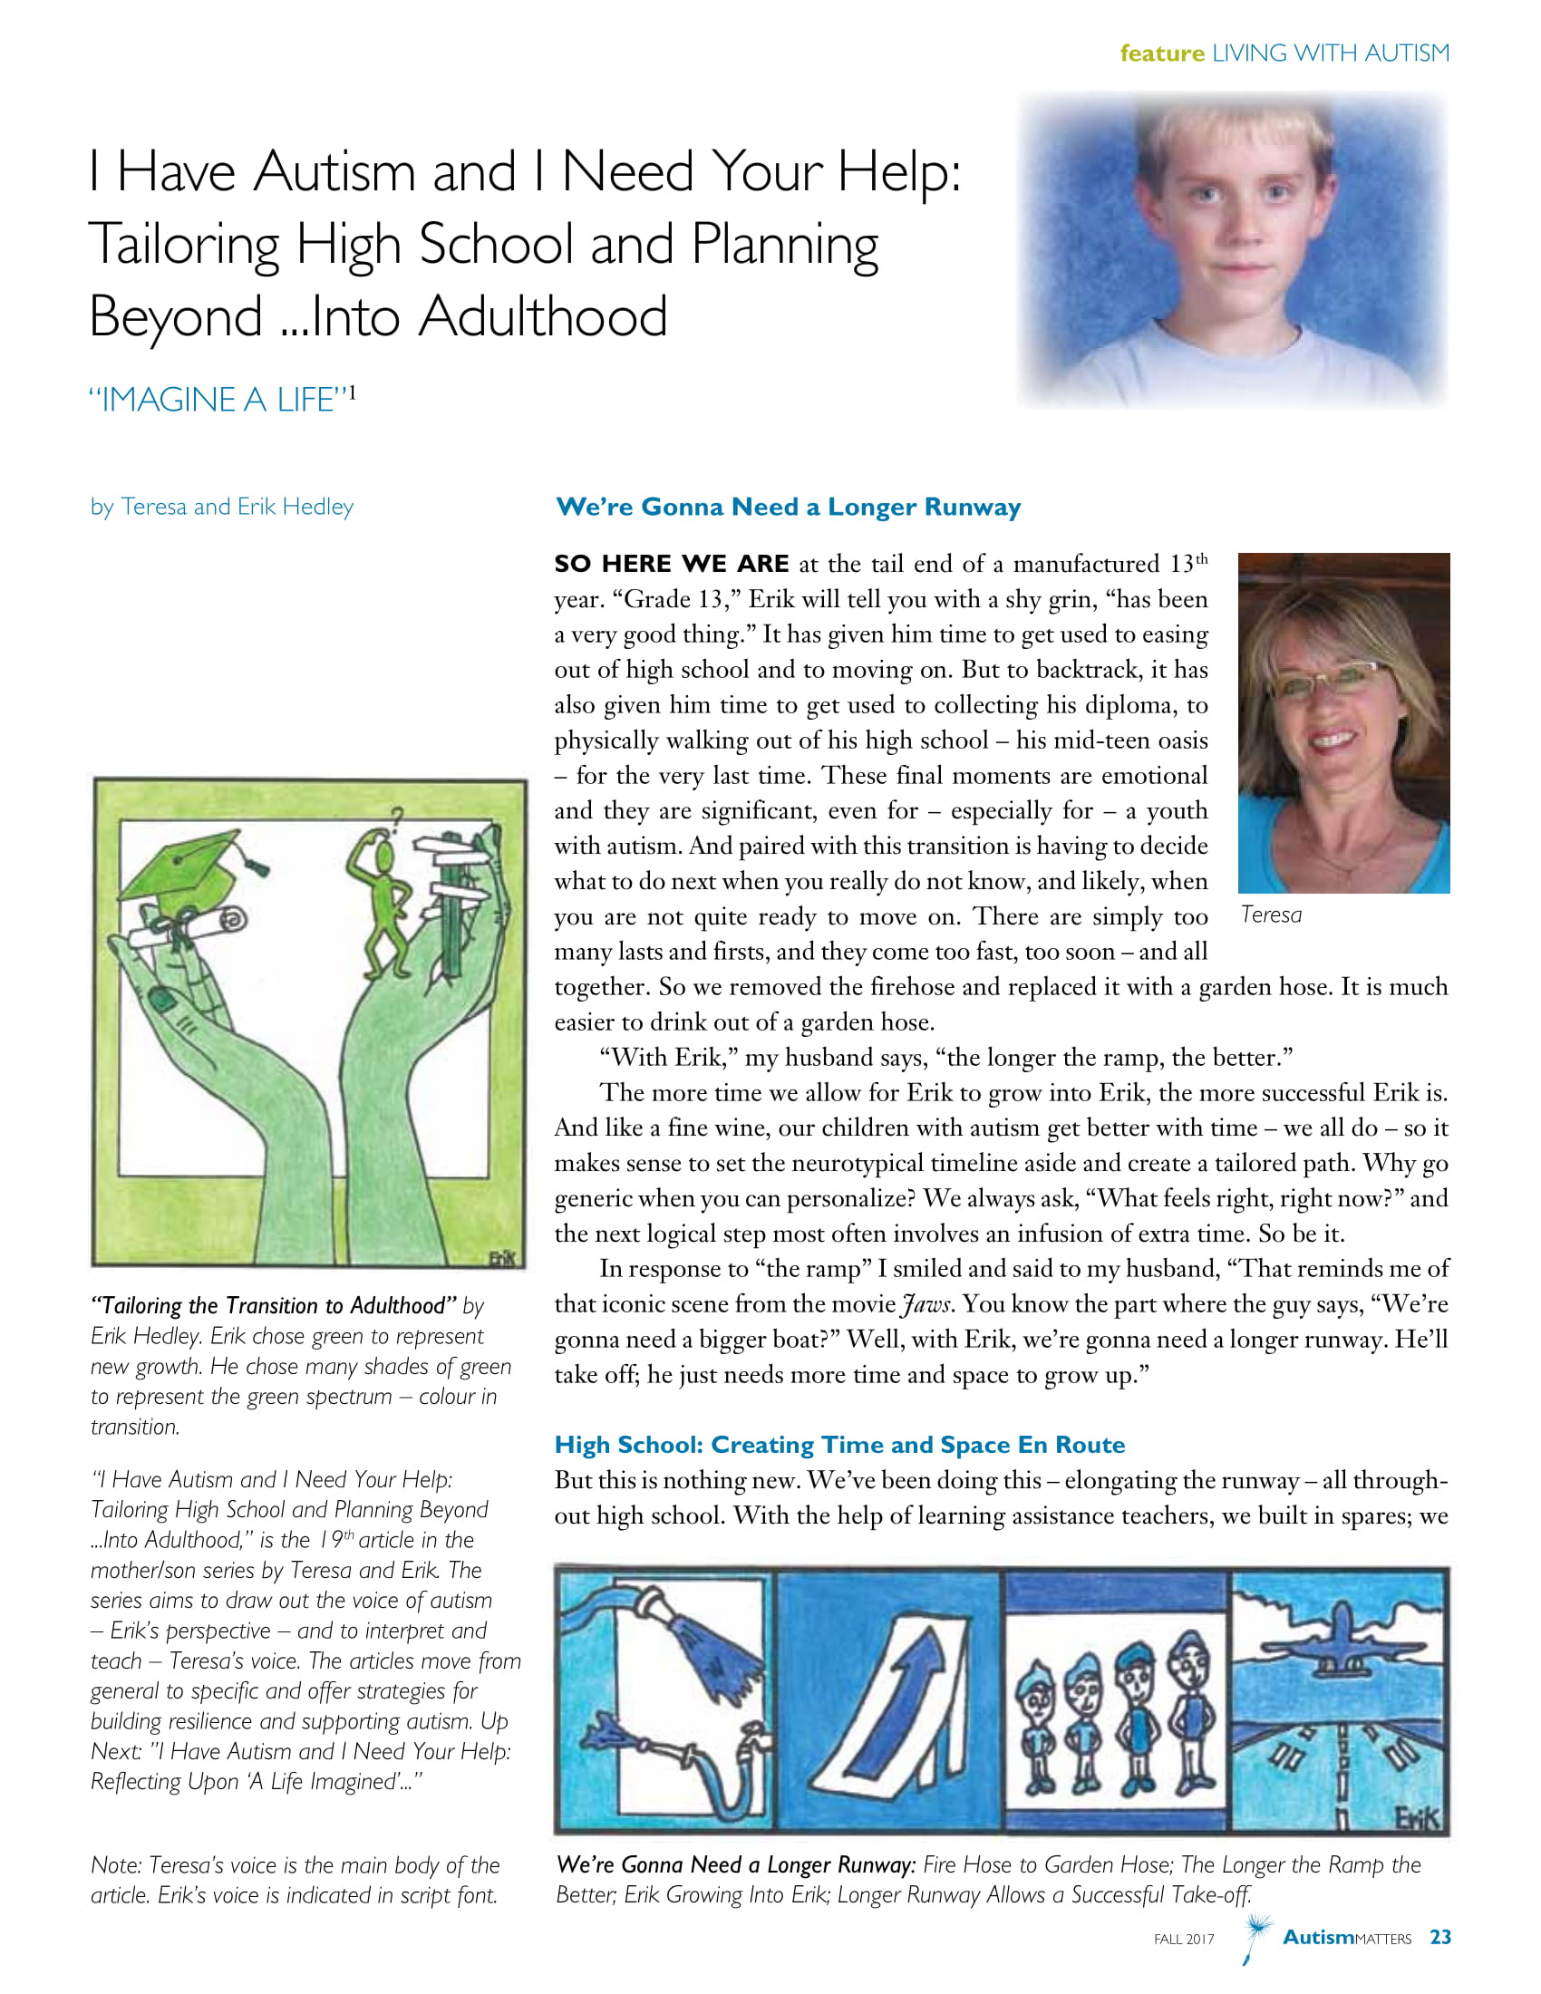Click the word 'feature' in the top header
pos(1161,53)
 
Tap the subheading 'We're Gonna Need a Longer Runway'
pos(788,507)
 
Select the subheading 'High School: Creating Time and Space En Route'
pos(839,1445)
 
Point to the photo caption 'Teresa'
pos(1271,915)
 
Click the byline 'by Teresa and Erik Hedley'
pos(222,507)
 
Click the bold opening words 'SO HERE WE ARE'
pos(671,565)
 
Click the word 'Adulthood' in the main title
pos(543,317)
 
